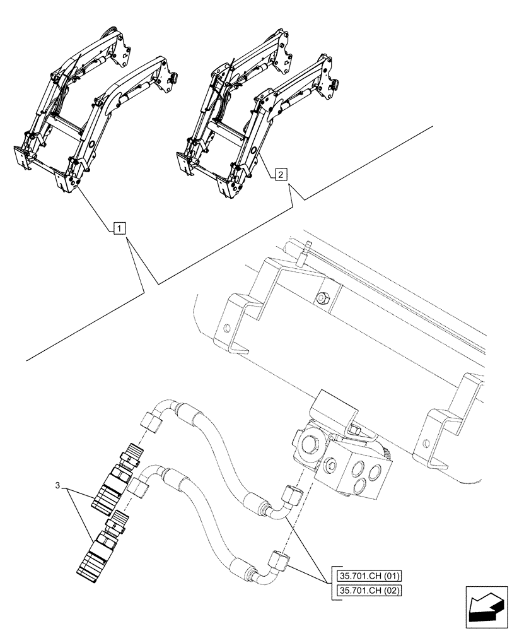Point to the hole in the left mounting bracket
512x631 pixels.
click(225, 329)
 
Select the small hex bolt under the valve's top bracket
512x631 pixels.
click(354, 430)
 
